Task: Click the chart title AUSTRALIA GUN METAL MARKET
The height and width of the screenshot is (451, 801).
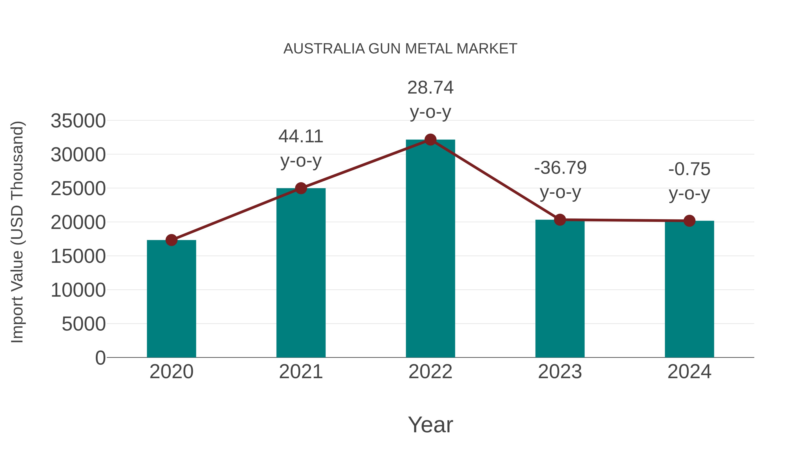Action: [x=400, y=49]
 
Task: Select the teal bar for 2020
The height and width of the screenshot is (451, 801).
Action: [x=171, y=299]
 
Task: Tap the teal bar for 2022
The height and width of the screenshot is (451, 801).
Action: [x=430, y=249]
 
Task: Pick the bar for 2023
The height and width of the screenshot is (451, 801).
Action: [x=560, y=290]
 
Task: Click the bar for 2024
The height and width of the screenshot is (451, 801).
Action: [x=689, y=290]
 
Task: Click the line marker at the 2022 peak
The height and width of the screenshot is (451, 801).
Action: [x=430, y=140]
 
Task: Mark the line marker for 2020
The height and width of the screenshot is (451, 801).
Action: [x=171, y=240]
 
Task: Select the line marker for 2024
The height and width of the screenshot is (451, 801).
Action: [x=689, y=221]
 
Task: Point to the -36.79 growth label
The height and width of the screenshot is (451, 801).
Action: [x=560, y=180]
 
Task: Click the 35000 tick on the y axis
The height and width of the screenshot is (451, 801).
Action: [x=78, y=121]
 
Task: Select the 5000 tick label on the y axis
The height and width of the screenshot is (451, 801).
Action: [x=84, y=324]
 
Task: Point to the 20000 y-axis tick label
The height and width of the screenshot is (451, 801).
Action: [x=78, y=222]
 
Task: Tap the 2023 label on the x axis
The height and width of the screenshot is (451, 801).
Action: [x=560, y=372]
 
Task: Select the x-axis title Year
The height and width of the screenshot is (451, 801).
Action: [x=430, y=424]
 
